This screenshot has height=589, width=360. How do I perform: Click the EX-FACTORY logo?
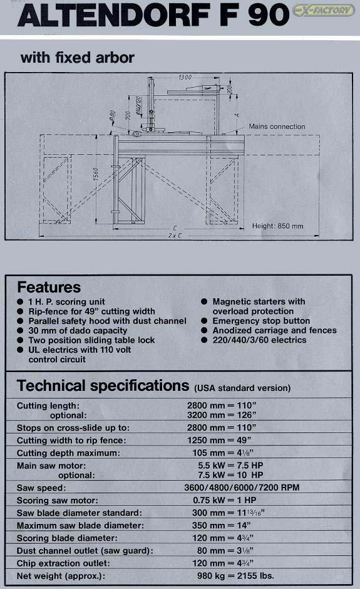point(323,10)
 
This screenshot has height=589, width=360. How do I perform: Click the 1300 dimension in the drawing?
point(185,77)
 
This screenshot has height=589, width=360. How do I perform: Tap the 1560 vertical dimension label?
point(95,174)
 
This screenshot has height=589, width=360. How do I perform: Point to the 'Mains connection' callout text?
point(277,127)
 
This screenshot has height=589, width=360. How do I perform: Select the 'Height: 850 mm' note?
point(278,226)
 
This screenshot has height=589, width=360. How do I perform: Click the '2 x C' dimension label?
point(175,236)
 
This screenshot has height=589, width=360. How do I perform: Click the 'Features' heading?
point(49,288)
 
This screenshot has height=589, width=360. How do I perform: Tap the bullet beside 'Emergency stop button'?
point(205,321)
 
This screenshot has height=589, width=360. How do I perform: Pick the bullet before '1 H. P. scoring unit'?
point(20,301)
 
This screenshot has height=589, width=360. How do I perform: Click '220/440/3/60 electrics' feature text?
point(259,340)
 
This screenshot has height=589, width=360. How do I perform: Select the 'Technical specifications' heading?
point(103,386)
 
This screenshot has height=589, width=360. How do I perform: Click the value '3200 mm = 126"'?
point(222,415)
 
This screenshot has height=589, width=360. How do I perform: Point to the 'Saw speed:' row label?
point(41,488)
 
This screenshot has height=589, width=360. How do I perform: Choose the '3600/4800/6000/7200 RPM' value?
point(242,487)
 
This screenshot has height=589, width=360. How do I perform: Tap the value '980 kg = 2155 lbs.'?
point(235,575)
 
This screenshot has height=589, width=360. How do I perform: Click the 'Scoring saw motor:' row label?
point(58,501)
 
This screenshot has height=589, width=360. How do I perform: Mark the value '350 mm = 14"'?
point(222,525)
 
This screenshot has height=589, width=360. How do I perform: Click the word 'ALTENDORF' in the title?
point(113,16)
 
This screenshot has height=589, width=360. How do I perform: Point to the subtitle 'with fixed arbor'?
point(78,58)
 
